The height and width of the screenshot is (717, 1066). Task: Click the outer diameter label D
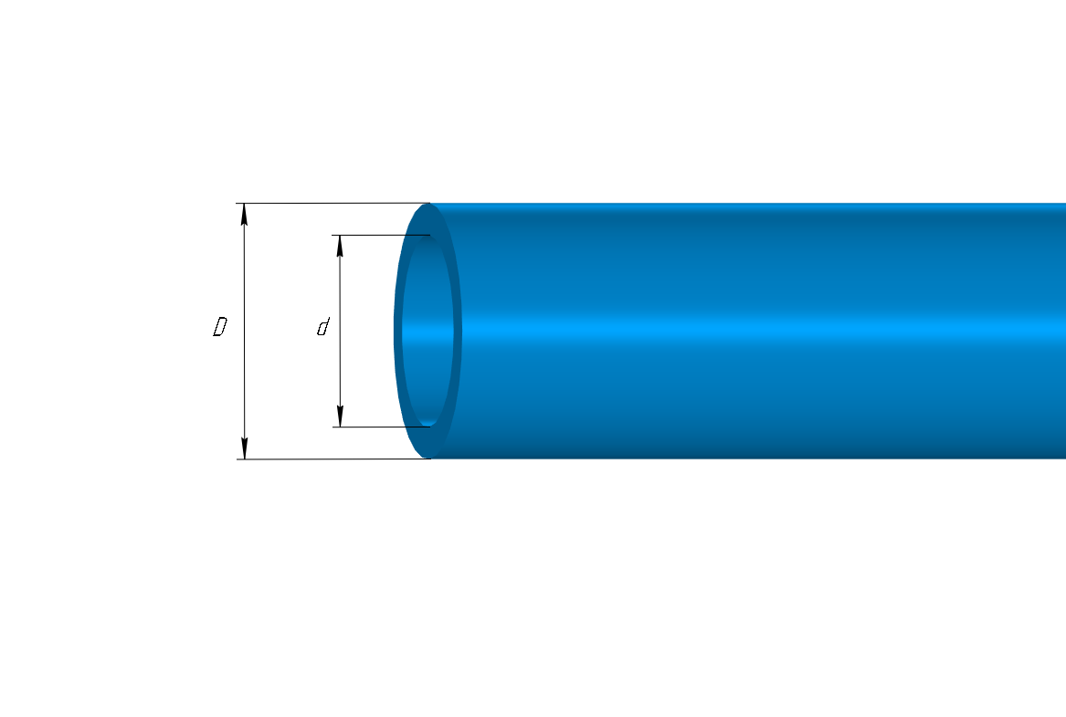click(219, 327)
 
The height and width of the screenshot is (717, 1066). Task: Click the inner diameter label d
click(323, 327)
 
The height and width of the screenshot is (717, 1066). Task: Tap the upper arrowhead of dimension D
click(245, 214)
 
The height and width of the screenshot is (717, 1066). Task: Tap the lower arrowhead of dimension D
click(245, 448)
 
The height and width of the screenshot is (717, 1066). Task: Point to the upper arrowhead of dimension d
click(340, 246)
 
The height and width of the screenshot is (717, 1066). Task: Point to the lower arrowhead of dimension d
click(340, 416)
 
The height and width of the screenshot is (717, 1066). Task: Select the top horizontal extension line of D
click(333, 203)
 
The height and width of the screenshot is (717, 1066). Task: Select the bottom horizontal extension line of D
click(333, 459)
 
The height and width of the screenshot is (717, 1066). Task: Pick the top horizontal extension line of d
click(381, 235)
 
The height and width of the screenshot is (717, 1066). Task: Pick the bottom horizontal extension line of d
click(381, 427)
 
